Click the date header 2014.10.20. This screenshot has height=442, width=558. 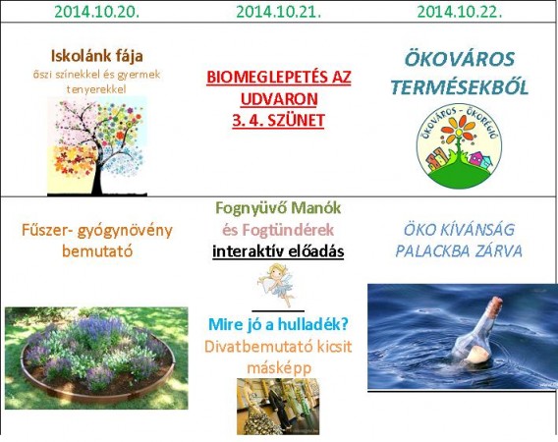pos(97,12)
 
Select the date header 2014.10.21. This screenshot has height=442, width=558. pos(278,12)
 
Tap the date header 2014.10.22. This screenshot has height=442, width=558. pos(460,12)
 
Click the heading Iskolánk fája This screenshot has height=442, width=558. pos(97,56)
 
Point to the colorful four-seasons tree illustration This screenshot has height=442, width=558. pos(97,146)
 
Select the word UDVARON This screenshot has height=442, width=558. pos(279,99)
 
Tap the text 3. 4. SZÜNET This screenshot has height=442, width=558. pos(278,120)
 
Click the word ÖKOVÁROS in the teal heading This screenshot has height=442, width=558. pos(460,59)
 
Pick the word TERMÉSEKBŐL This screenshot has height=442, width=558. pos(460,87)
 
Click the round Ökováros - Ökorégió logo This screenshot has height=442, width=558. pos(459,146)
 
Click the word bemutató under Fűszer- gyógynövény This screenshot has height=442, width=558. pos(97,251)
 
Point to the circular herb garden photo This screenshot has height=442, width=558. pos(96,358)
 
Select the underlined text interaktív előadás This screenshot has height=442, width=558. pos(278,251)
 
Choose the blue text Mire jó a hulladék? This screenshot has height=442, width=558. pos(278,324)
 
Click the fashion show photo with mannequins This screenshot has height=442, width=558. pos(278,406)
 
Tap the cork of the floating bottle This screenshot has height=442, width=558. pos(495,305)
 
